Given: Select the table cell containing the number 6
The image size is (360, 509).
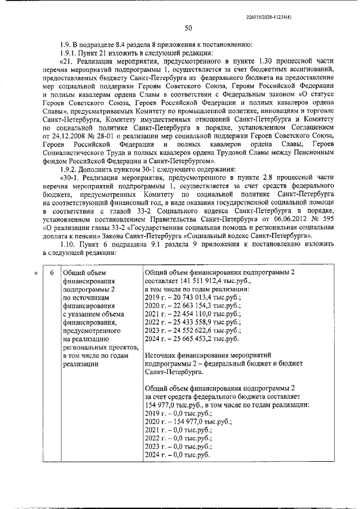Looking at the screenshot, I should pyautogui.click(x=52, y=273).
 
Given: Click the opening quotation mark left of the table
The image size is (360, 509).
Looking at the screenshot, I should pyautogui.click(x=36, y=273).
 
